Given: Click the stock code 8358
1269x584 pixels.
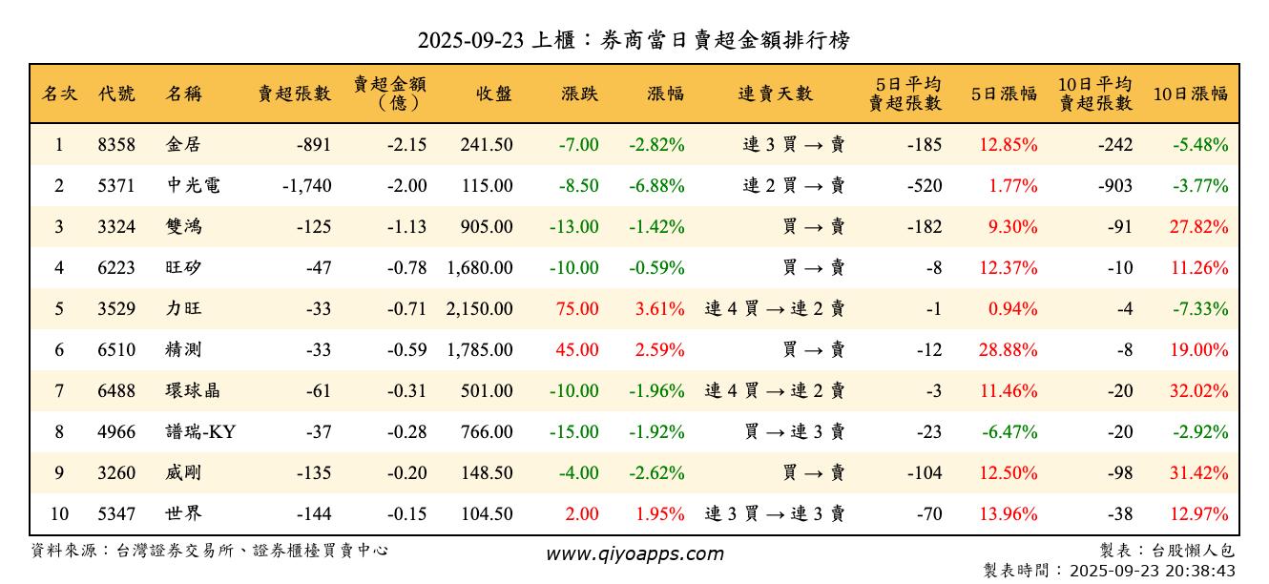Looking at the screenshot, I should coord(116,145).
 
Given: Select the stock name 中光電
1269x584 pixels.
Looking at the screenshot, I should coord(193,186).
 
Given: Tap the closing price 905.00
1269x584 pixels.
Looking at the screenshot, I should coord(488,227).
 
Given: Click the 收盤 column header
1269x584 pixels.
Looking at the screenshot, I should coord(492,94).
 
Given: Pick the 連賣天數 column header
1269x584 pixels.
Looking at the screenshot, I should coord(775,94).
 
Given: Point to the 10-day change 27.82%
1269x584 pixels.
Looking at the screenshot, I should coord(1199,227).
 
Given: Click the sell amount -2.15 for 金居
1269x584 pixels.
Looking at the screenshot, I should coord(406,145).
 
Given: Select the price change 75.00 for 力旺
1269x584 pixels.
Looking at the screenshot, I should coord(577,309).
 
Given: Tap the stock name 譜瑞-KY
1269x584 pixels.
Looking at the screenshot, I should coord(200,432).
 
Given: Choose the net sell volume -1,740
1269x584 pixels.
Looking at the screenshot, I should coord(307,186).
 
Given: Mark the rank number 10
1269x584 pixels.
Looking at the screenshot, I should coord(59,514).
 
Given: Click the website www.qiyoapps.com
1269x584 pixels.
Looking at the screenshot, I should coord(634,553).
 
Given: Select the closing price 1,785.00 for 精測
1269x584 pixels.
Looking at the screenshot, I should coord(479,350).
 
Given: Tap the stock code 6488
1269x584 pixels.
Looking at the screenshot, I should coord(116,391).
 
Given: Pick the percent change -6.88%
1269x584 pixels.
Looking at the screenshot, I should coord(656,186).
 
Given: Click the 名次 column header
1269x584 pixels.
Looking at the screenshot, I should coord(59,94).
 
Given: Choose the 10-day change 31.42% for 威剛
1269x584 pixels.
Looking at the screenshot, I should coord(1199,473).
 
